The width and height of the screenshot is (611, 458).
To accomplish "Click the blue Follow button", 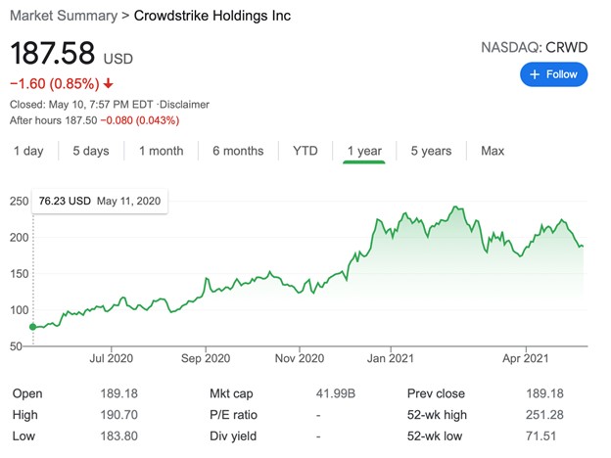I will pyautogui.click(x=553, y=73).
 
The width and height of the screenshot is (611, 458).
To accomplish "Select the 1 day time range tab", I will pyautogui.click(x=28, y=151).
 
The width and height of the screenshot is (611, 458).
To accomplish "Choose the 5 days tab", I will pyautogui.click(x=90, y=151).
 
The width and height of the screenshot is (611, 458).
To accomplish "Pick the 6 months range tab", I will pyautogui.click(x=238, y=151).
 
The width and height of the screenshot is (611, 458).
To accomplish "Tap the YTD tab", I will pyautogui.click(x=305, y=151).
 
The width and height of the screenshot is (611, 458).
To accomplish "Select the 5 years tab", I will pyautogui.click(x=431, y=151).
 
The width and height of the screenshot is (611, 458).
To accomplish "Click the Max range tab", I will pyautogui.click(x=493, y=151).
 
